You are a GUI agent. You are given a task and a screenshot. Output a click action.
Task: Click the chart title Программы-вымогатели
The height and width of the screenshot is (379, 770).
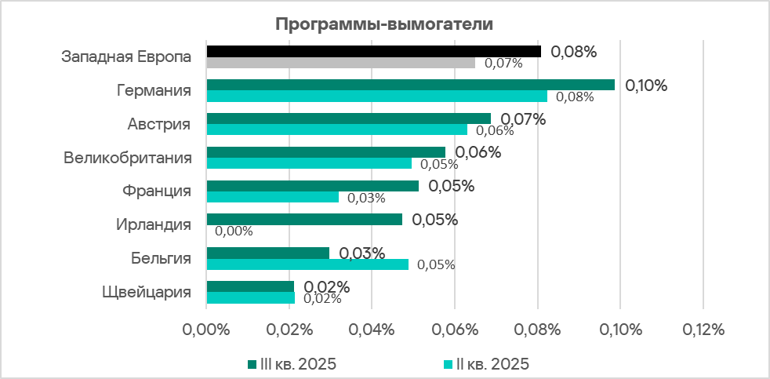click(384, 24)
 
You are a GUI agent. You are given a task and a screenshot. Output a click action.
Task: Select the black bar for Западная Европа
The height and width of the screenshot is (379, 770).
click(373, 51)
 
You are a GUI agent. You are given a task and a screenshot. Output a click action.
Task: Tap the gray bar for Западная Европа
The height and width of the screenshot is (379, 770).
click(340, 63)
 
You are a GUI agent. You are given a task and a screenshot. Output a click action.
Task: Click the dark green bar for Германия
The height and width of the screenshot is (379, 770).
click(410, 85)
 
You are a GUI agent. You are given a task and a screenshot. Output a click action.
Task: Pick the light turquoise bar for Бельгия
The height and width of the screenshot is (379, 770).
click(307, 264)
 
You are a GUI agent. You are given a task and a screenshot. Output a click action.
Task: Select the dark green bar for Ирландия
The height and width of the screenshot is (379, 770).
click(304, 220)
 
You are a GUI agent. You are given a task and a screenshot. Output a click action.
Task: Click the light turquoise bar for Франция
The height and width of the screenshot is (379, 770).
click(272, 197)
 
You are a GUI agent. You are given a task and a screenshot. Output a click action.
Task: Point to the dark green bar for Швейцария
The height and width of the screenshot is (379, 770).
click(250, 286)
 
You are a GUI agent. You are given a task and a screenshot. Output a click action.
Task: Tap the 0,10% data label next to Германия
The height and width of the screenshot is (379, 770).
click(645, 86)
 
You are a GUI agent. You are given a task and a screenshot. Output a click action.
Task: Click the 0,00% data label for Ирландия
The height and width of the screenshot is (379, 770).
click(234, 231)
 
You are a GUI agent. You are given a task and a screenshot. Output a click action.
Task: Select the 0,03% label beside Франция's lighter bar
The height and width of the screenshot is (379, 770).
click(366, 198)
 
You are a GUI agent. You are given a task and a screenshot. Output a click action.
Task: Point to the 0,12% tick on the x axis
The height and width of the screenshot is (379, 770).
click(703, 330)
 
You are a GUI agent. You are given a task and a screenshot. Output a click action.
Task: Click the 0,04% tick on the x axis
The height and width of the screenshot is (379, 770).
click(372, 330)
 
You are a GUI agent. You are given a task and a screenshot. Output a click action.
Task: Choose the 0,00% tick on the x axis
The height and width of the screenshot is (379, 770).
click(206, 330)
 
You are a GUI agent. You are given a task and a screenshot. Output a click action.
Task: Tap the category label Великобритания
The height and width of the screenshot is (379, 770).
click(128, 158)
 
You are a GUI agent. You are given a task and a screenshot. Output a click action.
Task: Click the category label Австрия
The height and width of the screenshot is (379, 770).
click(159, 124)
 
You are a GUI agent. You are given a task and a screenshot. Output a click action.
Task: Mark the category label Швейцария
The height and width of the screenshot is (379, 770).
click(147, 293)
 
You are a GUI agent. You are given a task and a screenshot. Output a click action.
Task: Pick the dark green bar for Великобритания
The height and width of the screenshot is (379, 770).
click(325, 152)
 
